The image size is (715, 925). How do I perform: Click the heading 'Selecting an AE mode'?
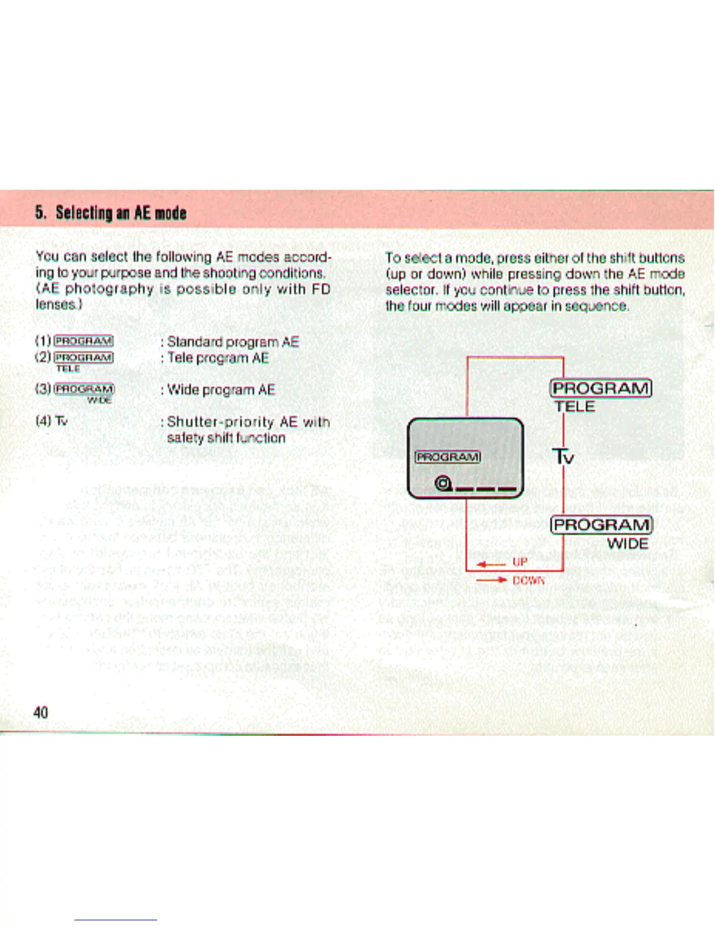[110, 213]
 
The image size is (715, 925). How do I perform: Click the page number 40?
[41, 712]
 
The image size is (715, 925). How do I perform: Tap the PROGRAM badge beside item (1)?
[83, 341]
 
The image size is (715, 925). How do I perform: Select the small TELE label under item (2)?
[68, 368]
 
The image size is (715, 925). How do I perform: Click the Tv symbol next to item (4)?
[62, 421]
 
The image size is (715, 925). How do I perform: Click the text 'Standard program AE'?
[232, 342]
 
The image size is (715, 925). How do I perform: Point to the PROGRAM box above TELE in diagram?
[601, 388]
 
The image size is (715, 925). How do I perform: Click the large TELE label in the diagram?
[575, 406]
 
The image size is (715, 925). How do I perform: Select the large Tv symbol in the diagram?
[564, 455]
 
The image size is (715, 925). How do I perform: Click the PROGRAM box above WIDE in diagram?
[601, 525]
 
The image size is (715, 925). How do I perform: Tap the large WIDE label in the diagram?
[627, 544]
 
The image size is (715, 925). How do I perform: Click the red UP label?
[520, 562]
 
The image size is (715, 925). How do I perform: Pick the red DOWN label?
[529, 580]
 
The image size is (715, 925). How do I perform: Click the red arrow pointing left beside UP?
[490, 564]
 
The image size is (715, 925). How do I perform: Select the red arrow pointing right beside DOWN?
[492, 580]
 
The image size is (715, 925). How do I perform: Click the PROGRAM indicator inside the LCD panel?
[447, 457]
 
